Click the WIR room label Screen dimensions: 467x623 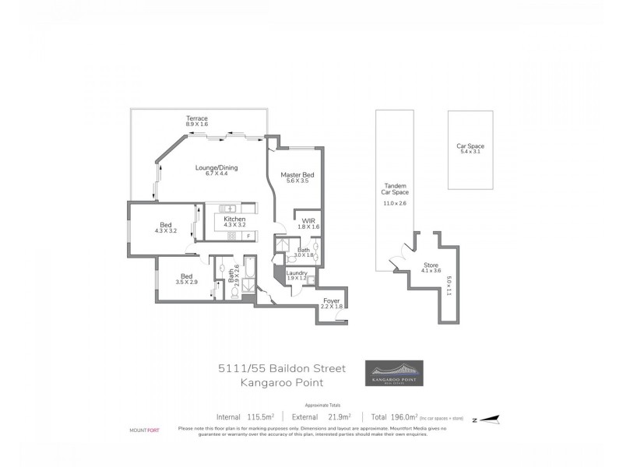click(x=308, y=221)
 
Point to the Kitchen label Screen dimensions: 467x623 click(x=234, y=219)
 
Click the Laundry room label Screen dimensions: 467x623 click(x=296, y=272)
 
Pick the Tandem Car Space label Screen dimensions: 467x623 click(x=395, y=189)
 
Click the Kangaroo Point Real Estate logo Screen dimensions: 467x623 click(x=395, y=372)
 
